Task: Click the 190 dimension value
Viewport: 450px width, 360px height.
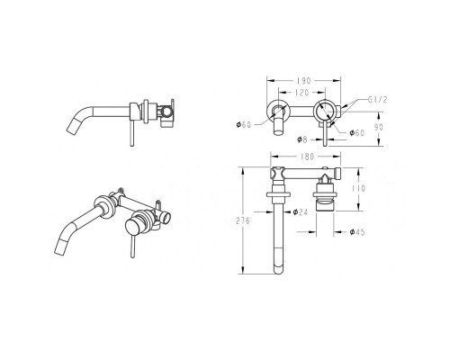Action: [304, 81]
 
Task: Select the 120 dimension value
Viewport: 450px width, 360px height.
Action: [301, 93]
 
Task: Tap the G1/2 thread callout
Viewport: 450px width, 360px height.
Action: [378, 100]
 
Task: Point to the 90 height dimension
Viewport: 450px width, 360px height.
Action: [379, 127]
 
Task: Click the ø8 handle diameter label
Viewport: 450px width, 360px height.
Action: [302, 139]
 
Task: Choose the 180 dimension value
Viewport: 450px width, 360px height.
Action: [307, 157]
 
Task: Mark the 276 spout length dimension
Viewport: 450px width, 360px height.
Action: [242, 220]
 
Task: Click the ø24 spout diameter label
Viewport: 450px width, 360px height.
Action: [301, 211]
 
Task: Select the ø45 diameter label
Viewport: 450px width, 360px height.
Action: [357, 231]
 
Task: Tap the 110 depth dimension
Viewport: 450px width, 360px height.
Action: [359, 188]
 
